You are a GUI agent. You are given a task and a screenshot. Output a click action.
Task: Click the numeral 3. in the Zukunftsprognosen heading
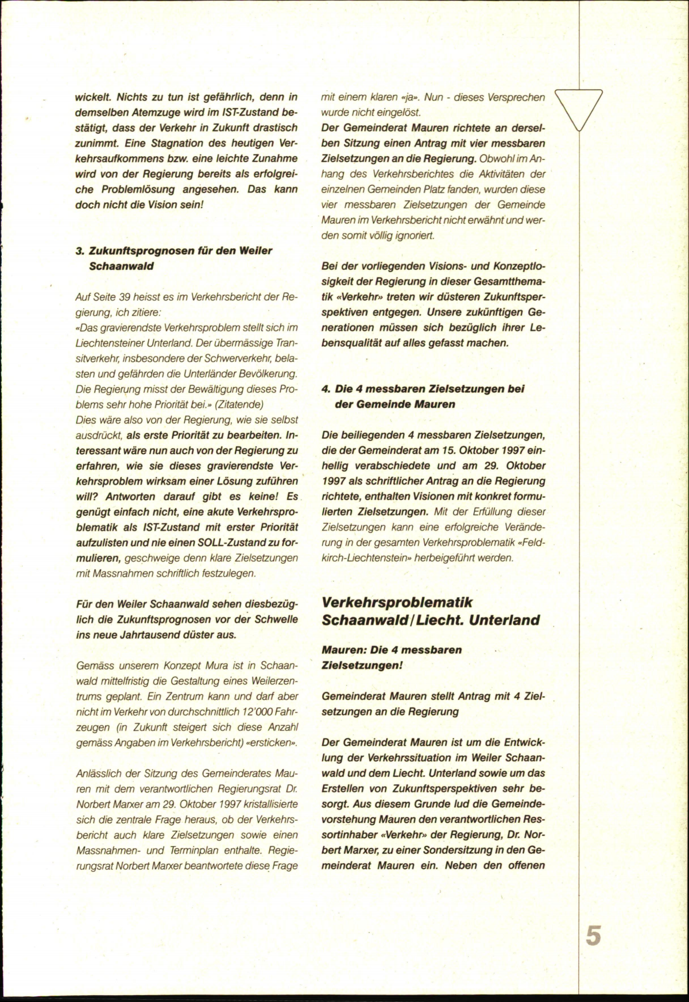pos(80,251)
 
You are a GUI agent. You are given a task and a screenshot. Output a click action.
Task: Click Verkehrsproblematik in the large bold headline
pos(397,602)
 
